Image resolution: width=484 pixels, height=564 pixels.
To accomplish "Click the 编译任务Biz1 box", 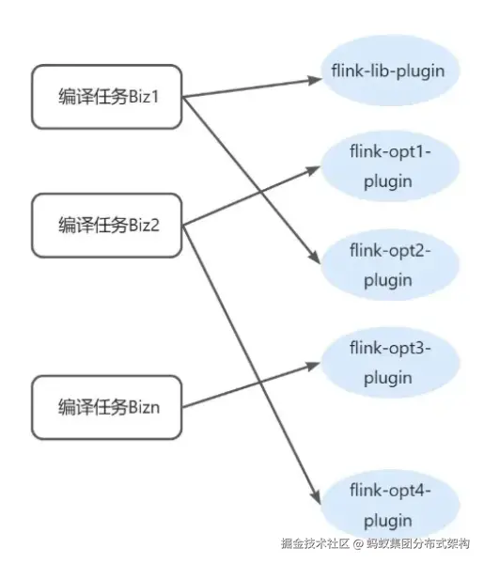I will click(106, 96).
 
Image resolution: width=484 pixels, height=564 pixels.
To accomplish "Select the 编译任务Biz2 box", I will click(106, 225).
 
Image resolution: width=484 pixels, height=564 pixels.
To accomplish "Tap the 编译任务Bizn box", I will click(106, 406).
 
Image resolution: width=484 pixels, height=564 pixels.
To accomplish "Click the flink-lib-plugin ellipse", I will click(387, 71).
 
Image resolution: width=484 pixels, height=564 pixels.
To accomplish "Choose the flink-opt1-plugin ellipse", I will click(387, 167).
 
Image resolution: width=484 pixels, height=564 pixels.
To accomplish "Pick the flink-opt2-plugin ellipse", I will click(387, 265).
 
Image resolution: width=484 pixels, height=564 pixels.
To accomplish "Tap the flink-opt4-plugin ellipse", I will click(387, 506).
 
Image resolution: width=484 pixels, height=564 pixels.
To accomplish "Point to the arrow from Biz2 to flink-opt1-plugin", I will click(249, 195).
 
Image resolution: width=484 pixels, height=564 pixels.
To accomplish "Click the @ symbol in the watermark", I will click(358, 543).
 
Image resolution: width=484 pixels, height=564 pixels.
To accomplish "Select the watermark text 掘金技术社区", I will click(315, 543).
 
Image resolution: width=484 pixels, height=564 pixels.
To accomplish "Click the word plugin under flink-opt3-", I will click(387, 378).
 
